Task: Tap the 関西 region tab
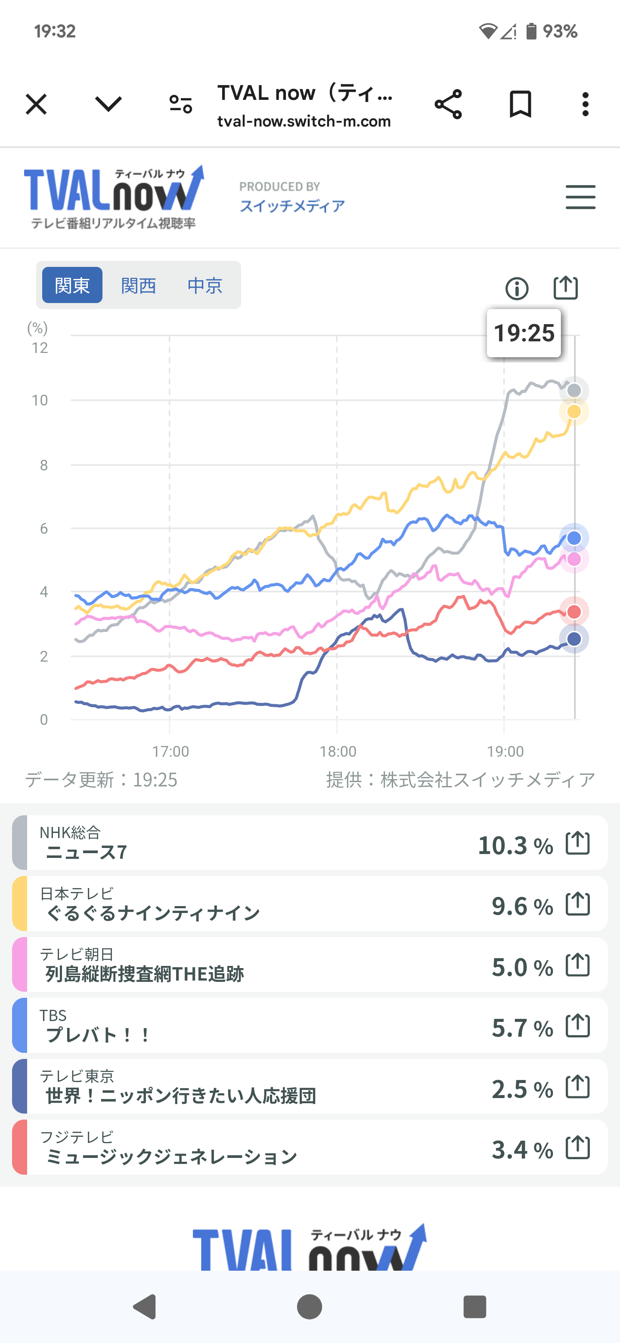pyautogui.click(x=138, y=285)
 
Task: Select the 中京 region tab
pyautogui.click(x=205, y=285)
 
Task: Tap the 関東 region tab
pyautogui.click(x=72, y=285)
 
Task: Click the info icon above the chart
pyautogui.click(x=517, y=288)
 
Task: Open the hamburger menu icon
pyautogui.click(x=580, y=197)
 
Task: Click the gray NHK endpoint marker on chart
pyautogui.click(x=574, y=390)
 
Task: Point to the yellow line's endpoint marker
pyautogui.click(x=574, y=412)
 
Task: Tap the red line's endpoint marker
pyautogui.click(x=574, y=612)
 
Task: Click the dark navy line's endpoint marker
pyautogui.click(x=574, y=639)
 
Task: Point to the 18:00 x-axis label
pyautogui.click(x=338, y=751)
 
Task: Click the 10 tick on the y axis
pyautogui.click(x=40, y=400)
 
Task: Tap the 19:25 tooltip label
pyautogui.click(x=524, y=333)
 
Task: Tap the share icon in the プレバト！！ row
pyautogui.click(x=578, y=1026)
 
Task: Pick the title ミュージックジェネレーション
pyautogui.click(x=171, y=1157)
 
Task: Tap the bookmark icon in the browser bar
pyautogui.click(x=520, y=104)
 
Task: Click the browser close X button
pyautogui.click(x=36, y=104)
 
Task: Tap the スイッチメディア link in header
pyautogui.click(x=292, y=206)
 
